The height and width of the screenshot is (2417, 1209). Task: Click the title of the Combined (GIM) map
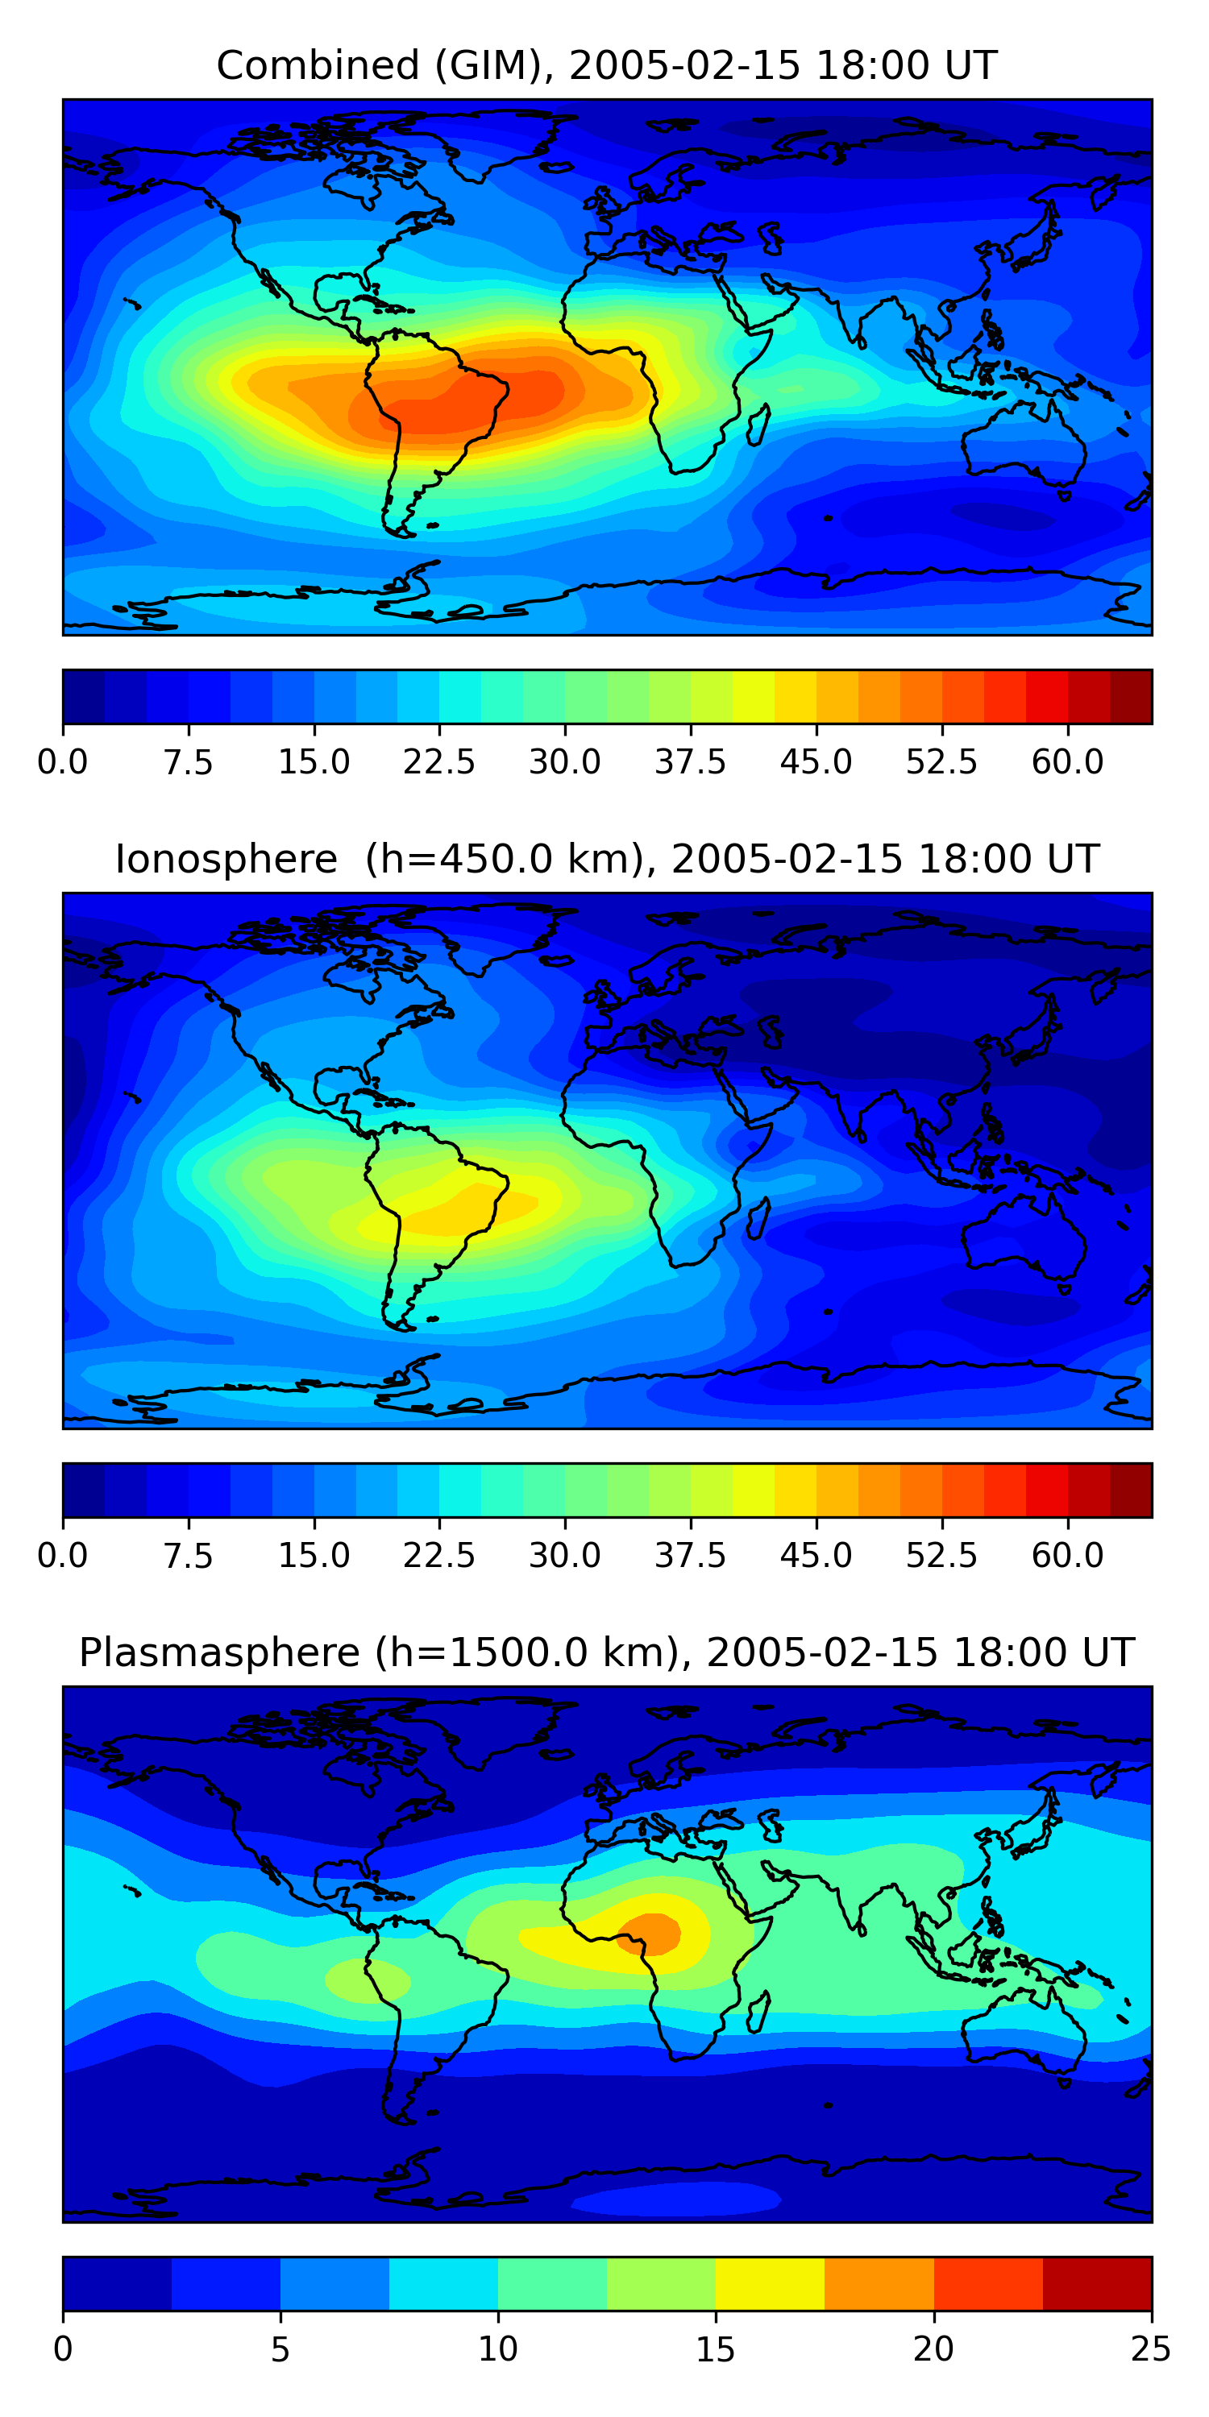coord(606,66)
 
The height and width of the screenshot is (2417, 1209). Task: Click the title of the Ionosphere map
coord(606,860)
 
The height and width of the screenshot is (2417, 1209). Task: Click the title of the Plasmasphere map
coord(606,1653)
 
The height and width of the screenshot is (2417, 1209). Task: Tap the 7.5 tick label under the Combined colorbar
coord(188,762)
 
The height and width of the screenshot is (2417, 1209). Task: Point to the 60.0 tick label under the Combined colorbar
coord(1067,762)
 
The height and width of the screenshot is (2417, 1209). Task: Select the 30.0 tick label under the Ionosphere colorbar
coord(565,1556)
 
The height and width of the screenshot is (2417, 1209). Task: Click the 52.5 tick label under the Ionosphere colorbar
coord(941,1556)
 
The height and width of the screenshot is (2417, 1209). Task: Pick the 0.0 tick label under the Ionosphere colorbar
coord(63,1556)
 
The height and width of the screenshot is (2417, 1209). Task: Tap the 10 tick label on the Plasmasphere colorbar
coord(497,2349)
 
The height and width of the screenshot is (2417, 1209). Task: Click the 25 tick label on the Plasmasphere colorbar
coord(1151,2349)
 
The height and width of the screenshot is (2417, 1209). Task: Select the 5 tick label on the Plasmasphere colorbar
coord(280,2349)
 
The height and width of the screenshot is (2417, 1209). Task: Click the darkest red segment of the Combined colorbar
coord(1130,697)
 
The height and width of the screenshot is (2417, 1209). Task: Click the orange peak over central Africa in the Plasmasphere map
coord(650,1932)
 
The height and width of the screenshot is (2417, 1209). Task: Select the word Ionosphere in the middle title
coord(226,860)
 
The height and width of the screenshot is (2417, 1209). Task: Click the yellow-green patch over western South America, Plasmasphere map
coord(367,1980)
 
